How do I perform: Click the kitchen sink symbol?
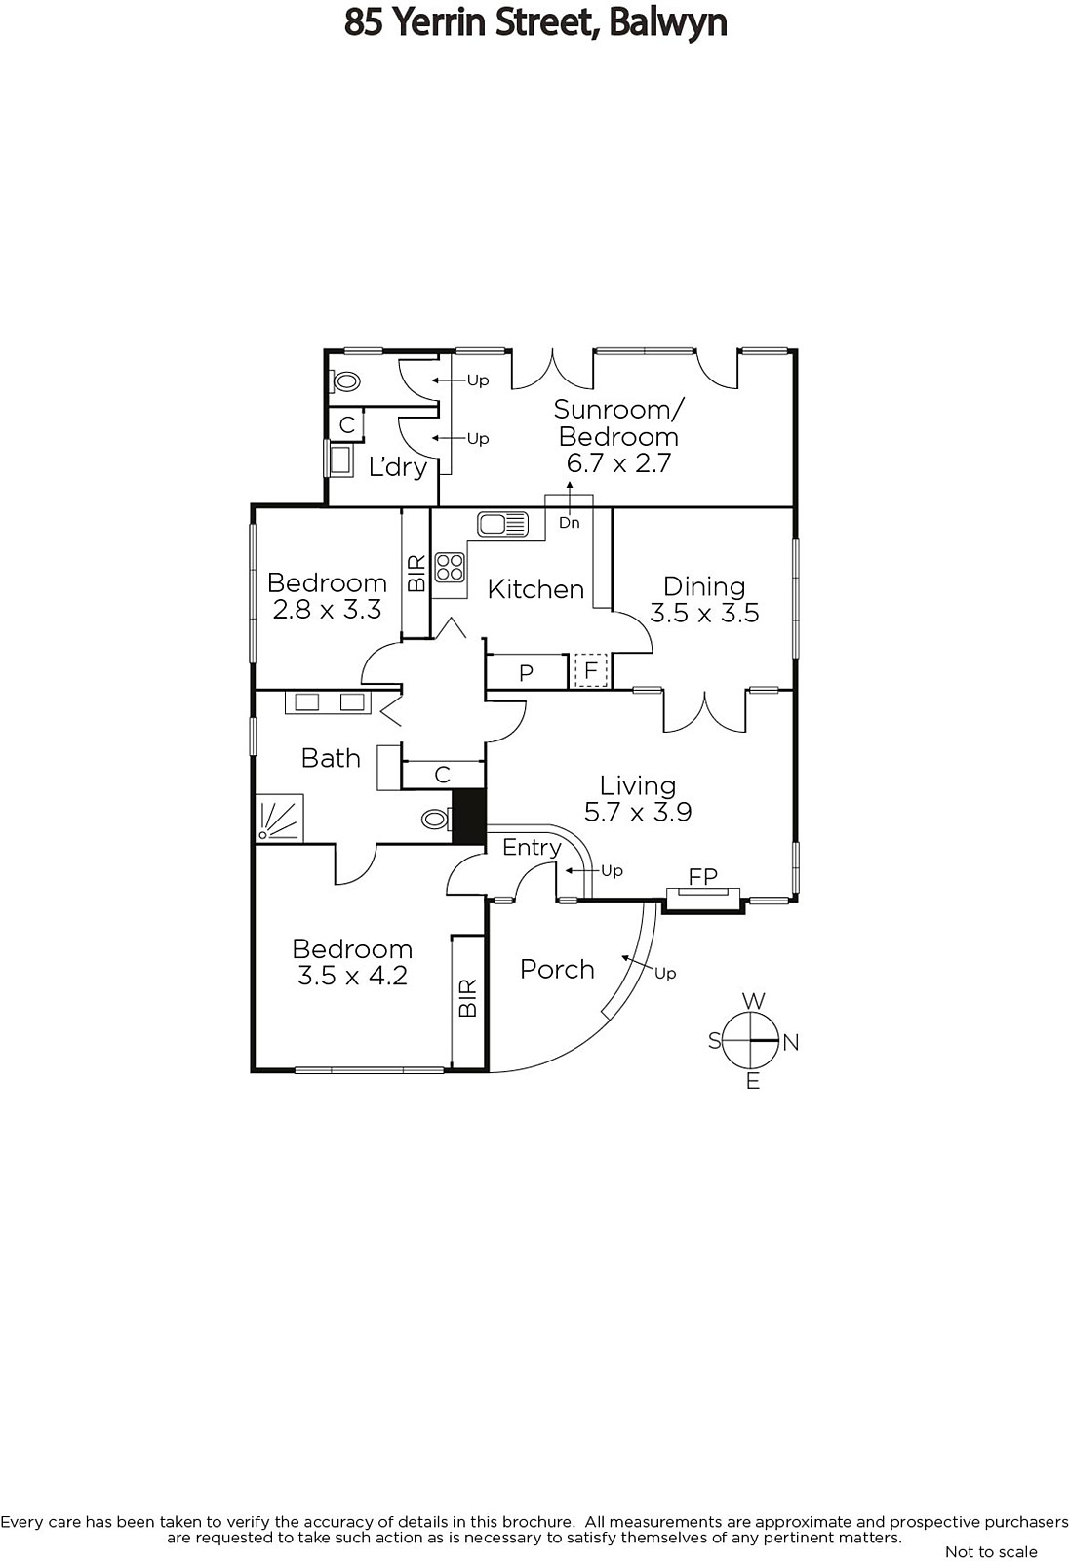[x=502, y=524]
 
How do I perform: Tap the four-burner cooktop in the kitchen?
[x=451, y=567]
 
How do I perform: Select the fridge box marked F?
[x=591, y=670]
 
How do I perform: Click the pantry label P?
[x=526, y=673]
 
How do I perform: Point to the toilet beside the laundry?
[x=346, y=381]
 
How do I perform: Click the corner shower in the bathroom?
[x=280, y=819]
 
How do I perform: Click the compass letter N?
[x=790, y=1043]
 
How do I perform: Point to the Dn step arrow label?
[x=570, y=523]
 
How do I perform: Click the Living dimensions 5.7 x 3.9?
[x=638, y=812]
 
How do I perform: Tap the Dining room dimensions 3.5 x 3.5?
[x=704, y=613]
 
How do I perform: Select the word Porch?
[x=557, y=970]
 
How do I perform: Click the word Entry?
[x=532, y=848]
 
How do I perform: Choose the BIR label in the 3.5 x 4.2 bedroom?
[x=468, y=997]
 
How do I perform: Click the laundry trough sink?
[x=339, y=460]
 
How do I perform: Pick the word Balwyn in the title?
[x=667, y=23]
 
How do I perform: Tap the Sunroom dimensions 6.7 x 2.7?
[x=618, y=463]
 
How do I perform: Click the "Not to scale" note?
[x=991, y=1551]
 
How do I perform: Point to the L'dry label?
[x=397, y=467]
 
